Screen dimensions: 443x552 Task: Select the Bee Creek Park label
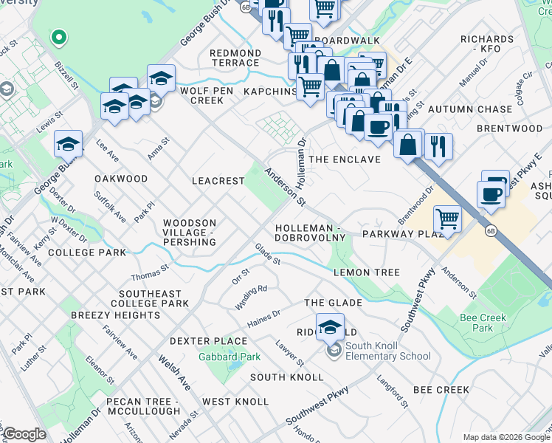click(x=476, y=323)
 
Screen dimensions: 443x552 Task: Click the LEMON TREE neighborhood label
click(x=366, y=272)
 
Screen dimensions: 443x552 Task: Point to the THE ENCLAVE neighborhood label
click(x=345, y=159)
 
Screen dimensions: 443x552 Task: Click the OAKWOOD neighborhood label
click(x=121, y=179)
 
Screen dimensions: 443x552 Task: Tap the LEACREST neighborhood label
click(x=218, y=180)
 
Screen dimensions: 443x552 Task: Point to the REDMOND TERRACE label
click(x=235, y=58)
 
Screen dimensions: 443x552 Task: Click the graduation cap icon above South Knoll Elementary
click(x=330, y=326)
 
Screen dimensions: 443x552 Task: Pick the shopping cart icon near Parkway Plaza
click(x=447, y=219)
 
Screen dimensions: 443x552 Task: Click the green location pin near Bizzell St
click(x=58, y=36)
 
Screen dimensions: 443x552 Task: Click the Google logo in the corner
click(x=24, y=434)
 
